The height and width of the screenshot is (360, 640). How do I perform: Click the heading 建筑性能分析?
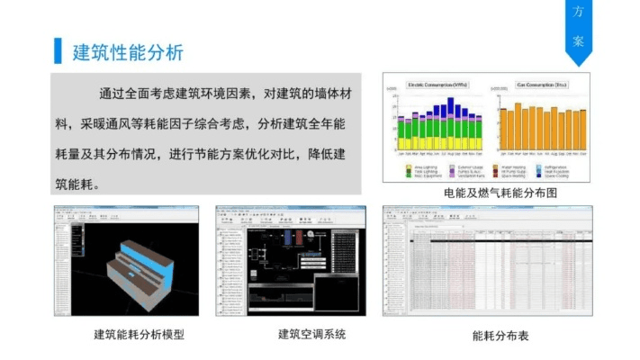(128, 52)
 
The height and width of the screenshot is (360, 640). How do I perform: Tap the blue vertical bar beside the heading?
(59, 52)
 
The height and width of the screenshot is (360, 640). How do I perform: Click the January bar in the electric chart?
(401, 135)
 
